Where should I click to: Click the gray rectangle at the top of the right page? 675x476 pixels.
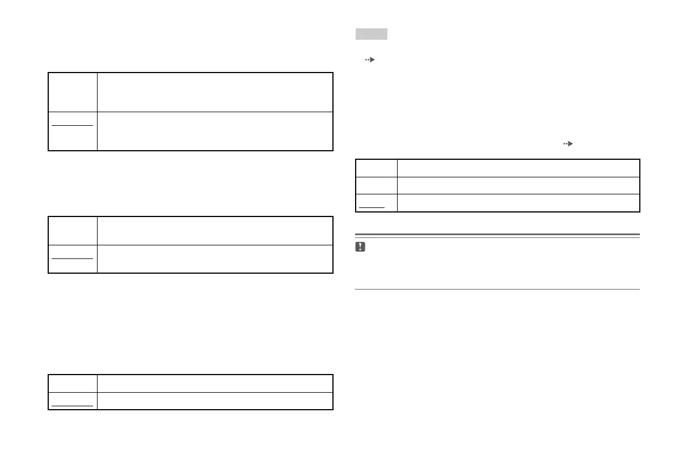[x=372, y=34]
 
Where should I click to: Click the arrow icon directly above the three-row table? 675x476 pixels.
[x=568, y=144]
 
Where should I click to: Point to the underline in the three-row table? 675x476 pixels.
[x=373, y=207]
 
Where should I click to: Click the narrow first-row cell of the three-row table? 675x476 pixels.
[x=377, y=168]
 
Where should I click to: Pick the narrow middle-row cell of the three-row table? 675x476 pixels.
[x=377, y=185]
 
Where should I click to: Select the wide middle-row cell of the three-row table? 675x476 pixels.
[x=518, y=185]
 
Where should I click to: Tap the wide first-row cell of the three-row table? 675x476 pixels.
[x=518, y=168]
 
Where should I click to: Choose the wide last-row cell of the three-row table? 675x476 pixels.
[x=518, y=203]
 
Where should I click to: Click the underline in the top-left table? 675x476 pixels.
[x=73, y=125]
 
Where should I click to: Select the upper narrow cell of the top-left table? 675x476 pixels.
[x=73, y=92]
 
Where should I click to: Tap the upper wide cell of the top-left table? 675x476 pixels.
[x=214, y=92]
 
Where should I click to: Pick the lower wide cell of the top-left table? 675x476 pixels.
[x=214, y=131]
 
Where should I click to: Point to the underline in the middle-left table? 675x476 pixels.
[x=73, y=258]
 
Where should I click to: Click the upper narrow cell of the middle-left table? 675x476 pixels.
[x=73, y=231]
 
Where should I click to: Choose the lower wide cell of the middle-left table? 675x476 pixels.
[x=214, y=259]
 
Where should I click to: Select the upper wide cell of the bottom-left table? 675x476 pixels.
[x=214, y=383]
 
